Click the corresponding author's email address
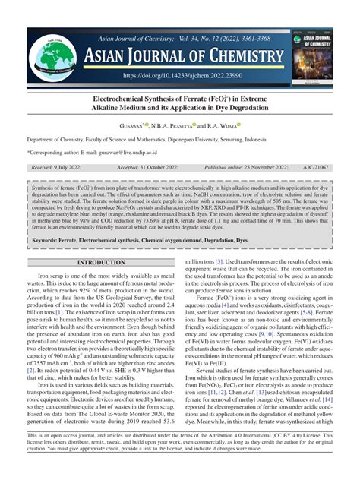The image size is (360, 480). pyautogui.click(x=134, y=151)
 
